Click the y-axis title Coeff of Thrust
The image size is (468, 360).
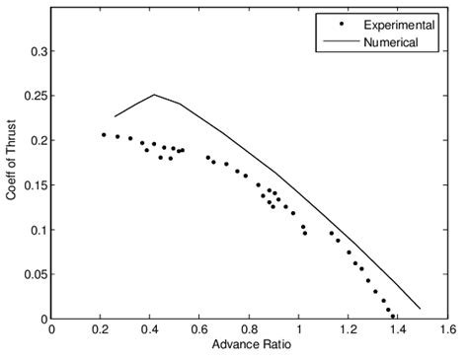click(12, 165)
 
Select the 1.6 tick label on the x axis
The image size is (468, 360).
click(447, 329)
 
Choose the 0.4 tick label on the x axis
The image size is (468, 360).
click(150, 329)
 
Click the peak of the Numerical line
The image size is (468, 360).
click(154, 95)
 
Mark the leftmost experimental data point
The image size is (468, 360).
click(104, 134)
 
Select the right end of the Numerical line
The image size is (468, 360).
click(421, 309)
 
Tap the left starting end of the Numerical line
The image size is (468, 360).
click(115, 116)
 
